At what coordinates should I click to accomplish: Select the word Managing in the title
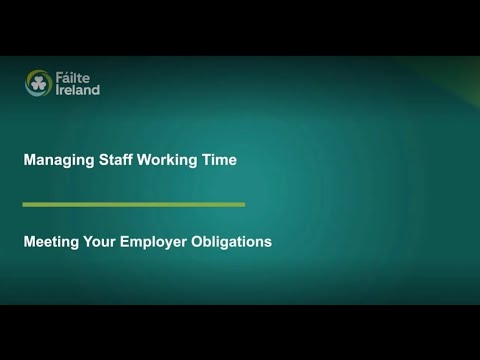click(x=55, y=159)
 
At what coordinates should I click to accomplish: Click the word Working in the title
click(x=170, y=159)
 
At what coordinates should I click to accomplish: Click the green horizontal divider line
click(x=134, y=204)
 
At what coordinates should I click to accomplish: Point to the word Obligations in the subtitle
click(x=235, y=241)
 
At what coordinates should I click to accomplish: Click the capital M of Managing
click(x=29, y=159)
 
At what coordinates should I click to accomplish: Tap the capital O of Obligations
click(x=205, y=241)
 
